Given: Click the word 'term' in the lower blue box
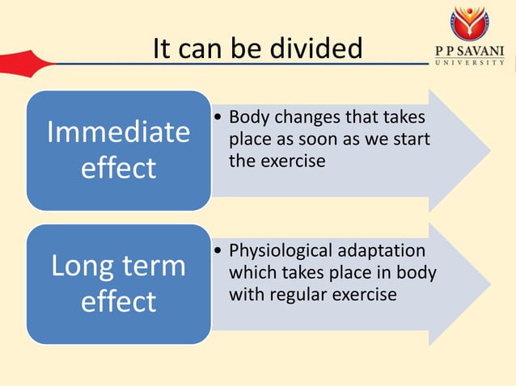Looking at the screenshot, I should (x=154, y=266).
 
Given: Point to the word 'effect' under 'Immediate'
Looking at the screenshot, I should (x=118, y=168).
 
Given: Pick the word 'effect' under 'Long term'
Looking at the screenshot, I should (x=118, y=301).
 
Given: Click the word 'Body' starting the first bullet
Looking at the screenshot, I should (x=247, y=118).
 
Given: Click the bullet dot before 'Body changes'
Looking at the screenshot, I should (x=219, y=119).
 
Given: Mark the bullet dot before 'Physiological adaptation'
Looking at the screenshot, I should (x=219, y=252).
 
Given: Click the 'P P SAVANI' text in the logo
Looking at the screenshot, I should (x=469, y=51).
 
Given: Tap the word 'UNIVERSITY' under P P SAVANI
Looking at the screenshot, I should (x=469, y=63).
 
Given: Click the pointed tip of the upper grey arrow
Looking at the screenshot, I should (x=489, y=150).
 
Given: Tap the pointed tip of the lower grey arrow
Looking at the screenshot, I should (x=489, y=284).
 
